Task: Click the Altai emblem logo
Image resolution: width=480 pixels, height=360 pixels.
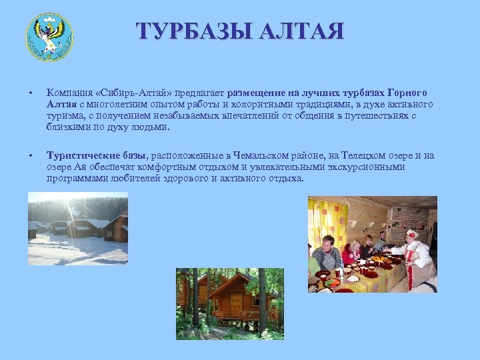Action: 49,37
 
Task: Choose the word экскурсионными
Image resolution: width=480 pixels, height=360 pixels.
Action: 368,167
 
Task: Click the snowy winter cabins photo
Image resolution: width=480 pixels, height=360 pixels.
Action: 77,229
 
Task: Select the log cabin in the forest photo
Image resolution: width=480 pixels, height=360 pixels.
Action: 229,303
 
